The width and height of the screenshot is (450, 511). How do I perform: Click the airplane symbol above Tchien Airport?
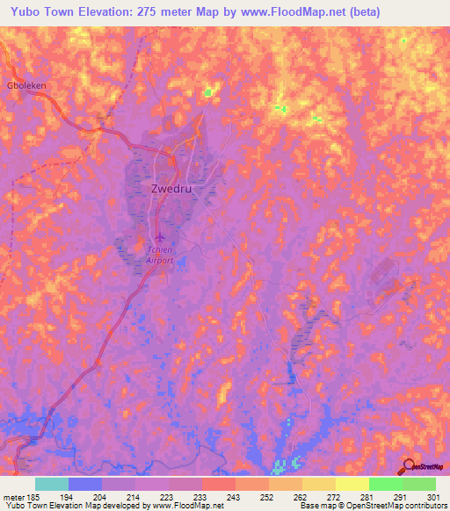coord(160,237)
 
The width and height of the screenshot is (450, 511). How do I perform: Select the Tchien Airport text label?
coord(159,255)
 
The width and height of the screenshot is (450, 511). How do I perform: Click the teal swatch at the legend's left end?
coord(51,484)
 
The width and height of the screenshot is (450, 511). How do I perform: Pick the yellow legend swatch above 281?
coord(352,484)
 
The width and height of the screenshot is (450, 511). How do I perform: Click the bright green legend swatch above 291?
coord(385,484)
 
